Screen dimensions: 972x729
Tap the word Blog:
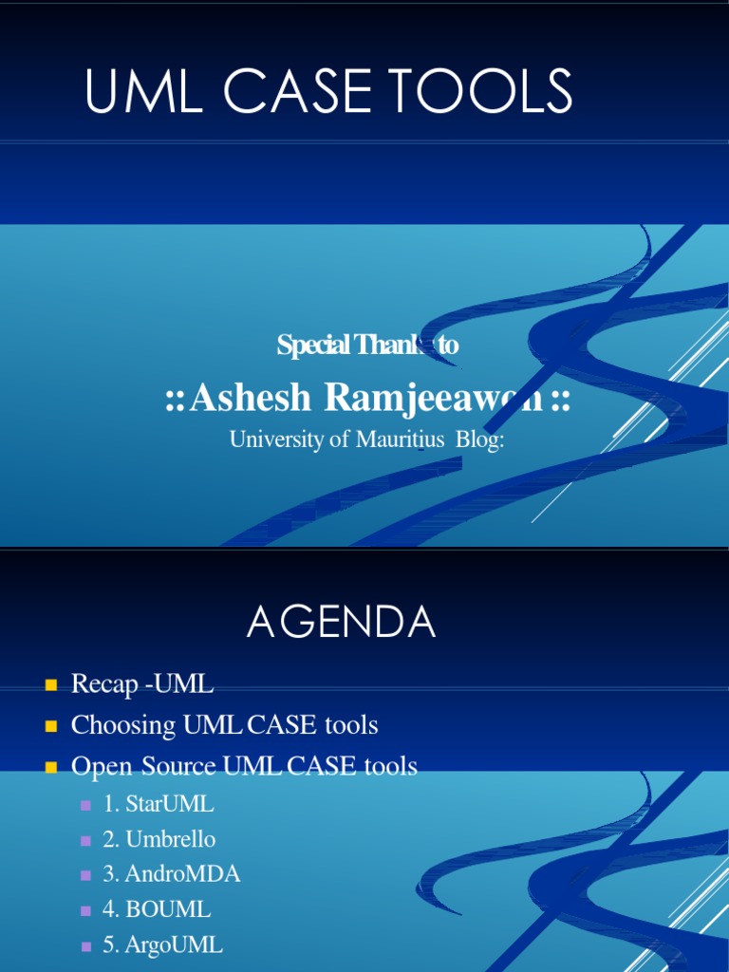pos(478,440)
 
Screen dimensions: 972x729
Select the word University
pos(276,440)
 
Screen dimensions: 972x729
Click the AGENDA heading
pos(342,623)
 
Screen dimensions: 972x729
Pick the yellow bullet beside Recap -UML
pos(50,683)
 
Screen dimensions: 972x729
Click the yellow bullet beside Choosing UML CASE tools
pos(50,726)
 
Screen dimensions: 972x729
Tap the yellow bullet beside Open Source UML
pos(50,766)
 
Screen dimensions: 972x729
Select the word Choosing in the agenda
pos(123,726)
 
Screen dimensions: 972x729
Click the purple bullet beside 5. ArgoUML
pos(85,945)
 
